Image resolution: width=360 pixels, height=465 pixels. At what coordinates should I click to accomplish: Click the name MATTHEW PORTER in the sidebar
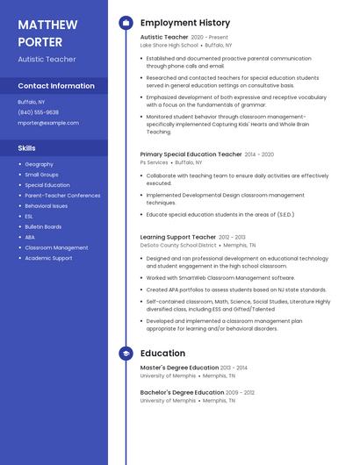pyautogui.click(x=47, y=32)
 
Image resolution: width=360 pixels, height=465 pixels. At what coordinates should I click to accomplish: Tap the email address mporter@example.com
pyautogui.click(x=42, y=123)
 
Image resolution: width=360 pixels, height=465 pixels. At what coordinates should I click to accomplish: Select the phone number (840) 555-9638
pyautogui.click(x=38, y=112)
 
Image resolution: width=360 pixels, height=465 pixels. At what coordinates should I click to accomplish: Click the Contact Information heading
pyautogui.click(x=56, y=86)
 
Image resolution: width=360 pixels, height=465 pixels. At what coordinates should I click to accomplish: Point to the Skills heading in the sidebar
pyautogui.click(x=26, y=148)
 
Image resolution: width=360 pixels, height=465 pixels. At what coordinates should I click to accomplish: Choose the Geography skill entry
pyautogui.click(x=39, y=164)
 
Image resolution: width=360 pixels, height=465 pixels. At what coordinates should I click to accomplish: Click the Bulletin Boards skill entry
pyautogui.click(x=43, y=226)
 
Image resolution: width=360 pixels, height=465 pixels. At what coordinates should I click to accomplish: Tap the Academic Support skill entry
pyautogui.click(x=48, y=258)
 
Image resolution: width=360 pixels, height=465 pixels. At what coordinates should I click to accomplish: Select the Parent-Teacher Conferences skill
pyautogui.click(x=62, y=196)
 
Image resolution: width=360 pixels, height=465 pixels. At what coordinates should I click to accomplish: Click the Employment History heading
pyautogui.click(x=184, y=23)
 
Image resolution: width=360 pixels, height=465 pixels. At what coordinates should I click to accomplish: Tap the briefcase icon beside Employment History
pyautogui.click(x=126, y=23)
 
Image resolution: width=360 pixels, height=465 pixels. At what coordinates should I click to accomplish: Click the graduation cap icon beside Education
pyautogui.click(x=126, y=354)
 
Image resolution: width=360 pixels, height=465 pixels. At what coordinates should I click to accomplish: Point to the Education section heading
pyautogui.click(x=162, y=354)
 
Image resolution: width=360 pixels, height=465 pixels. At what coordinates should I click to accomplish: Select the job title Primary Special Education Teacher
pyautogui.click(x=191, y=154)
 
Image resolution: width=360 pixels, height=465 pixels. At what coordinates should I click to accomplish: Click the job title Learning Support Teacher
pyautogui.click(x=177, y=237)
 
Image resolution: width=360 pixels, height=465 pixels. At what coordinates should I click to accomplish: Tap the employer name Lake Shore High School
pyautogui.click(x=169, y=45)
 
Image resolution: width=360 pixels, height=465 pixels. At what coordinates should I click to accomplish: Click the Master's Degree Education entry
pyautogui.click(x=180, y=368)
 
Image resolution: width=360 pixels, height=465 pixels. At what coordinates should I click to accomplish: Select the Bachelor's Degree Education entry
pyautogui.click(x=182, y=392)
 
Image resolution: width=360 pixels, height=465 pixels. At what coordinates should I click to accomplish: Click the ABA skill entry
pyautogui.click(x=30, y=237)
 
